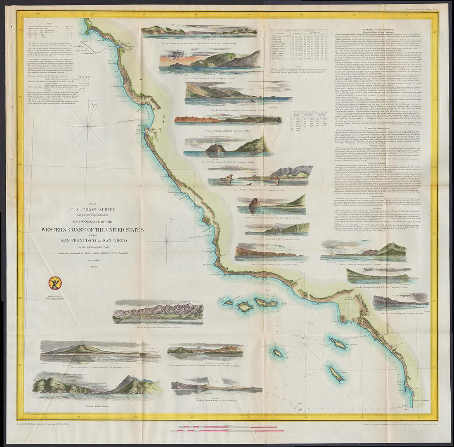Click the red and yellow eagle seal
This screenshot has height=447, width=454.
pyautogui.click(x=54, y=283)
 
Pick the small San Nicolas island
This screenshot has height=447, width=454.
pyautogui.click(x=278, y=353)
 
